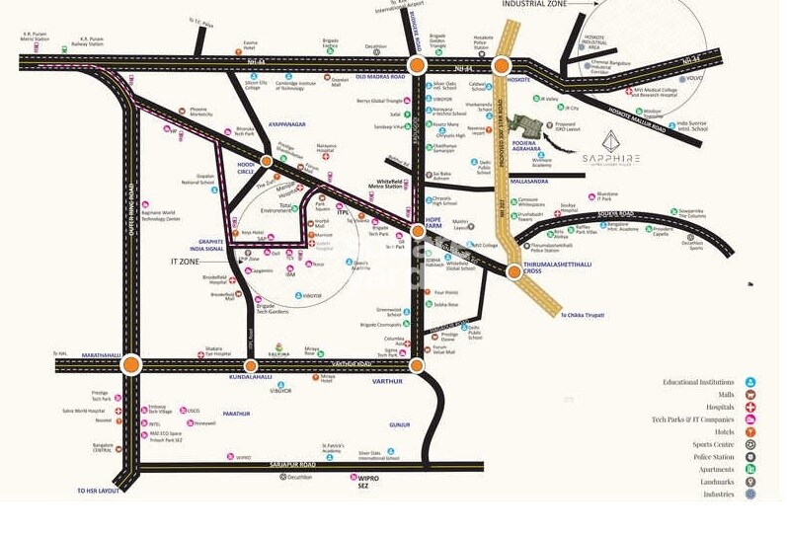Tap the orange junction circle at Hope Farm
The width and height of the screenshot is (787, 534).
[418, 231]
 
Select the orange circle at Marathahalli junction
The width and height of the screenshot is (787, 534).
[130, 365]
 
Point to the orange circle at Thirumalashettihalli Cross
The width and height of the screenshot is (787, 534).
[512, 271]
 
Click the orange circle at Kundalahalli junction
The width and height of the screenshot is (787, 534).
[251, 365]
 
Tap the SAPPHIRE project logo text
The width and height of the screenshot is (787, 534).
[610, 158]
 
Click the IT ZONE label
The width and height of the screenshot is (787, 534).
[186, 263]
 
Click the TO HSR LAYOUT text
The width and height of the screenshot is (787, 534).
[97, 491]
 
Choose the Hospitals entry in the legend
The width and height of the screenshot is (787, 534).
[720, 407]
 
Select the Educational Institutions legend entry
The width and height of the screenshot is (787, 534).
[698, 382]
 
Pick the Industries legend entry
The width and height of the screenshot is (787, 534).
[718, 494]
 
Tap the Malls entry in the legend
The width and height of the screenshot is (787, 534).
[726, 394]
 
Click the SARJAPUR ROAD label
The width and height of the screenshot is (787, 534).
[293, 463]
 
